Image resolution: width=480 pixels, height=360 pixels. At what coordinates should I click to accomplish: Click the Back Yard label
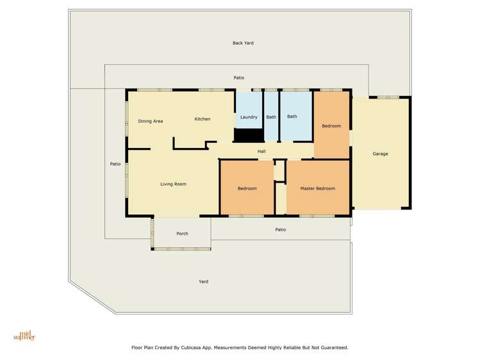[243, 43]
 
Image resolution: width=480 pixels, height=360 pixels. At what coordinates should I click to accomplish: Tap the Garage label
[380, 154]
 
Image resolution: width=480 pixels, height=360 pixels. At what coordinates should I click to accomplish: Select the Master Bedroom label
[317, 188]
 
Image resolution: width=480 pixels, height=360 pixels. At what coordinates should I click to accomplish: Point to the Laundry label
[249, 117]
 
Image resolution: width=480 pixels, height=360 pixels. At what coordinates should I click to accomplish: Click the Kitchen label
[203, 119]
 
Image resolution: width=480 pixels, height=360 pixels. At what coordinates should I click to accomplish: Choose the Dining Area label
[151, 121]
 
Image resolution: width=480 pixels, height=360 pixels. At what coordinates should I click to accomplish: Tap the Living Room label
[173, 184]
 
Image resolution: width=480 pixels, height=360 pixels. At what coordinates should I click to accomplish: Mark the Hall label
[261, 151]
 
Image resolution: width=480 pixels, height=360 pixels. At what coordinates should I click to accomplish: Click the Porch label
[182, 234]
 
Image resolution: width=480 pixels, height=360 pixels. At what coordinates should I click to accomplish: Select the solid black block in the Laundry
[249, 135]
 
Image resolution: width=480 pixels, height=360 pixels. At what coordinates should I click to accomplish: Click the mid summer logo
[24, 335]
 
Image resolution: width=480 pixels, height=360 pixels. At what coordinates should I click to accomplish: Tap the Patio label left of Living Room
[115, 164]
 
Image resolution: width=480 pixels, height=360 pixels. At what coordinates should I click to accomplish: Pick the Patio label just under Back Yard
[239, 78]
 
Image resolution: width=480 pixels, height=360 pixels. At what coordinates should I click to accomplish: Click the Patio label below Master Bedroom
[281, 229]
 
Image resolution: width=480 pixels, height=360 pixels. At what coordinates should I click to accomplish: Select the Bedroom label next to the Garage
[331, 126]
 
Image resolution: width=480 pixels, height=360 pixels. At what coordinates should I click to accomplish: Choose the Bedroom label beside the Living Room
[247, 188]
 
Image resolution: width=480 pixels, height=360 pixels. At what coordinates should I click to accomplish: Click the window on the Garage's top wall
[388, 97]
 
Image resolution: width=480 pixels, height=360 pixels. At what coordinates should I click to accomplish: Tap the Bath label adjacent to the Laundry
[271, 117]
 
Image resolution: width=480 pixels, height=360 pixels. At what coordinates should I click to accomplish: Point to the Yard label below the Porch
[203, 281]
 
